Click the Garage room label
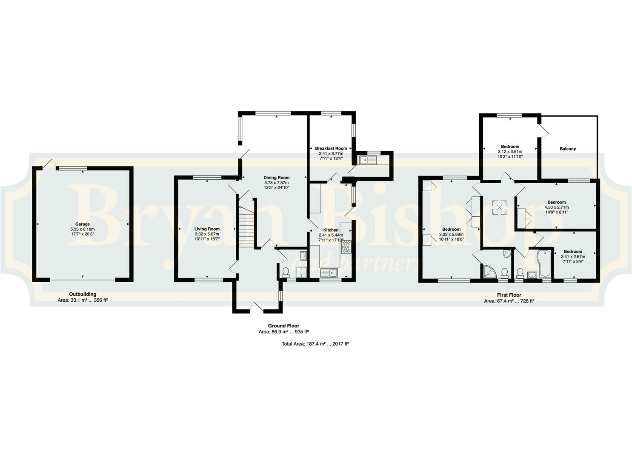pyautogui.click(x=83, y=224)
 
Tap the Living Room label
pyautogui.click(x=207, y=229)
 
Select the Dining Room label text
pyautogui.click(x=277, y=178)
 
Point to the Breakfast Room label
pyautogui.click(x=331, y=148)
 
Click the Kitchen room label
pyautogui.click(x=331, y=230)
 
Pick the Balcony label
pyautogui.click(x=568, y=149)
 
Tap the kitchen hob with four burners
pyautogui.click(x=346, y=247)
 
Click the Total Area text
pyautogui.click(x=315, y=344)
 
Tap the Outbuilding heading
pyautogui.click(x=83, y=295)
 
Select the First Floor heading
pyautogui.click(x=509, y=295)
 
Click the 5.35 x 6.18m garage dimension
pyautogui.click(x=83, y=229)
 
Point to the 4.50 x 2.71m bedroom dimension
pyautogui.click(x=557, y=207)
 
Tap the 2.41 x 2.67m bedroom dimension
pyautogui.click(x=573, y=256)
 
